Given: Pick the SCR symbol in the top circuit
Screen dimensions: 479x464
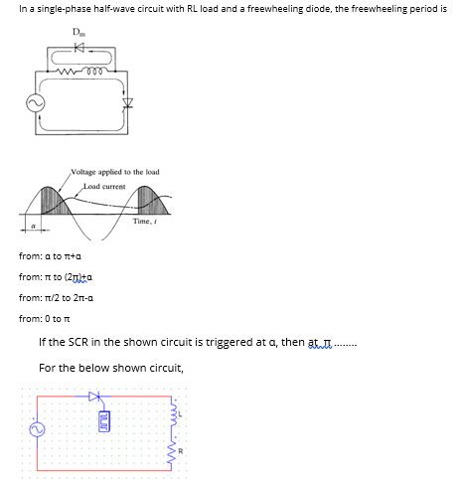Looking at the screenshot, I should [x=127, y=103].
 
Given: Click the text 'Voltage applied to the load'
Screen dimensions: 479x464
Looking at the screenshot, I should [x=115, y=172].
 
